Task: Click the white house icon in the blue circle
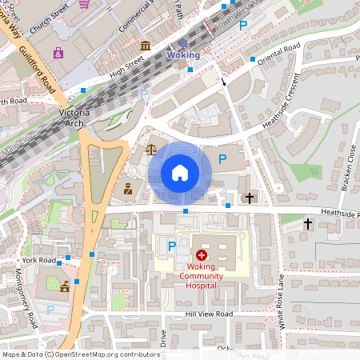click(x=180, y=172)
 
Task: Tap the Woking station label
click(x=183, y=54)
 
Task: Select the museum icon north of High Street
click(x=145, y=45)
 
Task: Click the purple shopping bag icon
click(x=58, y=53)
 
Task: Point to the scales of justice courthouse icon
click(x=151, y=148)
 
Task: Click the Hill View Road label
click(x=208, y=314)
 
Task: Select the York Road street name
click(x=39, y=261)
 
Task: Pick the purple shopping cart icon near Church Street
click(x=84, y=3)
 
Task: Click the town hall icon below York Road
click(x=64, y=286)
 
